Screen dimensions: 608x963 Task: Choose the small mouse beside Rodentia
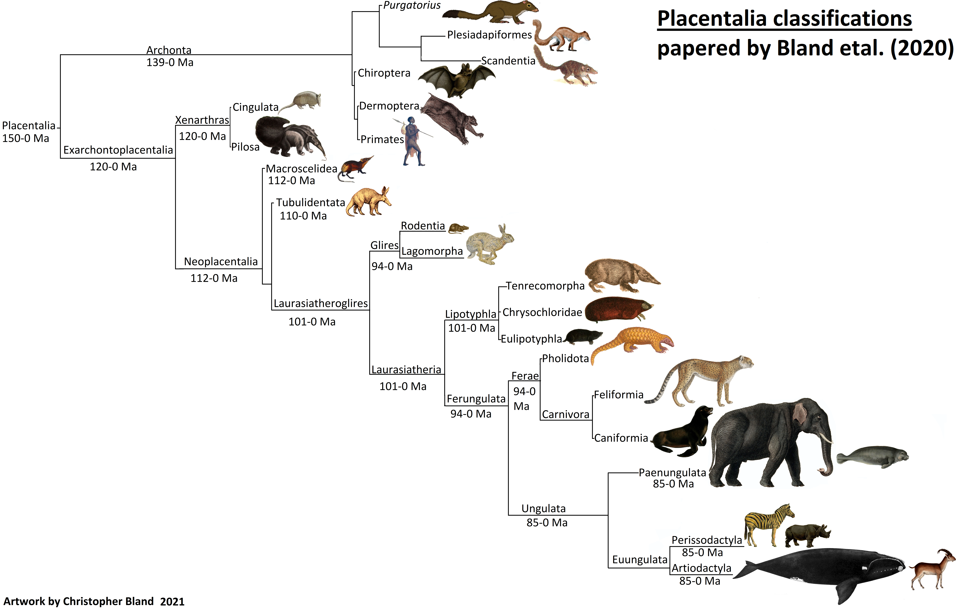tap(458, 228)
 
